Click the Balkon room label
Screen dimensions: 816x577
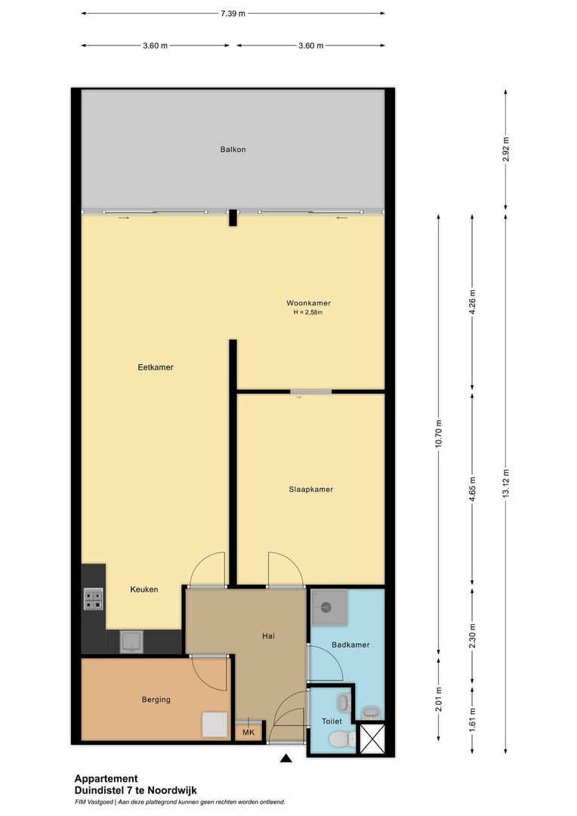(x=233, y=150)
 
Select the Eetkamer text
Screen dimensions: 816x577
(x=156, y=367)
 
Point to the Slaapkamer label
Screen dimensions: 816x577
(x=310, y=490)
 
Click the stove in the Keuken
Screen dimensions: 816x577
(x=94, y=598)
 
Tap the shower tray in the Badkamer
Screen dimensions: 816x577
(x=328, y=607)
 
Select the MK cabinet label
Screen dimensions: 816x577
(x=248, y=733)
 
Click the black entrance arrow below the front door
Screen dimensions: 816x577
(x=286, y=758)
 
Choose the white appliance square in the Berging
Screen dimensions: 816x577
(x=214, y=725)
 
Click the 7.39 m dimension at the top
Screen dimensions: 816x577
(x=233, y=13)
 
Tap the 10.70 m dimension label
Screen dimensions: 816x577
(x=438, y=434)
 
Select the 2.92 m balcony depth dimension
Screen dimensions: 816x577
(x=505, y=150)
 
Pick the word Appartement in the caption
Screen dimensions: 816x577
(x=106, y=779)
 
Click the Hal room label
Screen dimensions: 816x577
(x=268, y=636)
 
